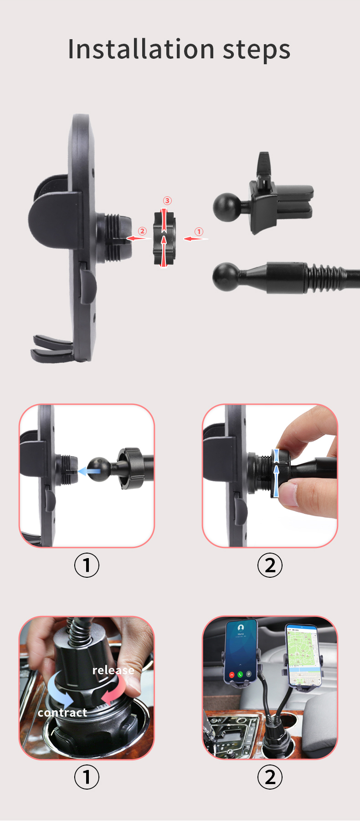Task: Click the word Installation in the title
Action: coord(141,49)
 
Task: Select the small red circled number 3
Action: coord(167,201)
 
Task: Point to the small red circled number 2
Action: coord(142,231)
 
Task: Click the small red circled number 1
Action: coord(199,231)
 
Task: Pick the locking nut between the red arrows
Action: coord(164,238)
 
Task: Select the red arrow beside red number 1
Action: coord(195,238)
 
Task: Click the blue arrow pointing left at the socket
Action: coord(87,471)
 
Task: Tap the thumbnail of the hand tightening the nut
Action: coord(270,476)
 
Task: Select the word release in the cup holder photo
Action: coord(113,670)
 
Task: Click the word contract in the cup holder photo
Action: coord(62,713)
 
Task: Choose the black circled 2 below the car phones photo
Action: coord(270,777)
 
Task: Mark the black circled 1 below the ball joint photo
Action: coord(87,565)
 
